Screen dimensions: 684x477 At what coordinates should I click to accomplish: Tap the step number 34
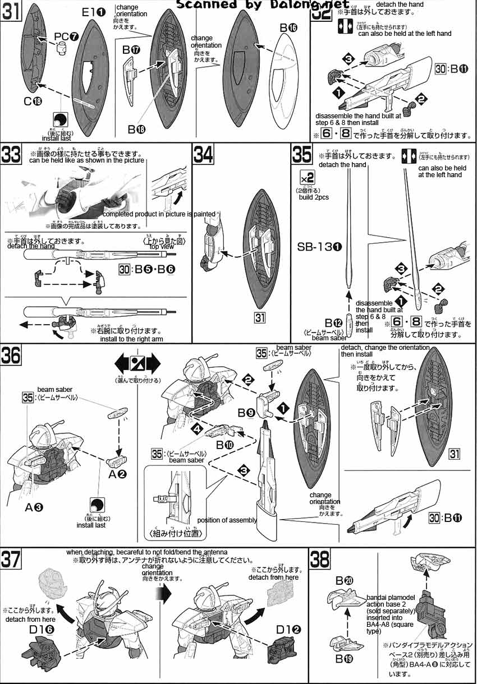[203, 154]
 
